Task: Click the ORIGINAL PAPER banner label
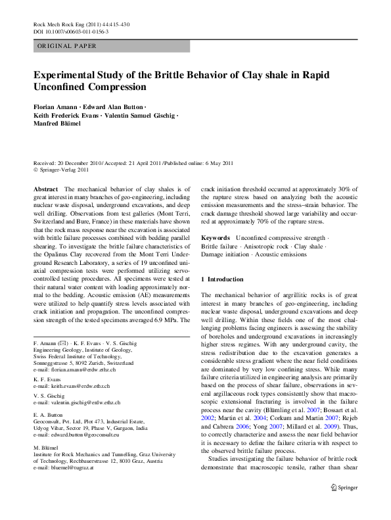(67, 46)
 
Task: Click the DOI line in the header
(71, 31)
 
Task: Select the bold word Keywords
(216, 237)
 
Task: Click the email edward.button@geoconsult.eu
(84, 435)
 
